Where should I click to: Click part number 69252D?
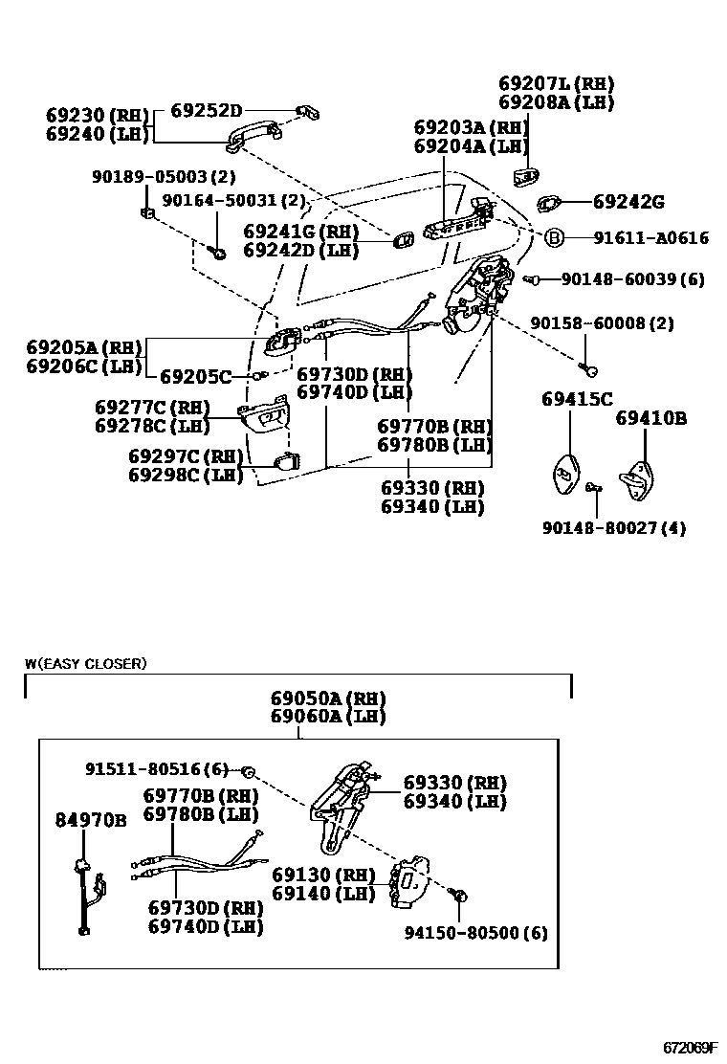pos(207,110)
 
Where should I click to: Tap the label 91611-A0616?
pos(650,238)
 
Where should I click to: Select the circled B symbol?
pos(554,238)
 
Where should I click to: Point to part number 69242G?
pos(628,202)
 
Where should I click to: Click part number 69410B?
pos(650,418)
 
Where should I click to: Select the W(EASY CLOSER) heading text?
pos(86,663)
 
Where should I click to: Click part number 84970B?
pos(91,820)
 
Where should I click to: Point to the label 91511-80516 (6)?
pos(158,768)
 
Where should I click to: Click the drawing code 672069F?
pos(692,1048)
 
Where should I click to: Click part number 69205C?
pos(196,377)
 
